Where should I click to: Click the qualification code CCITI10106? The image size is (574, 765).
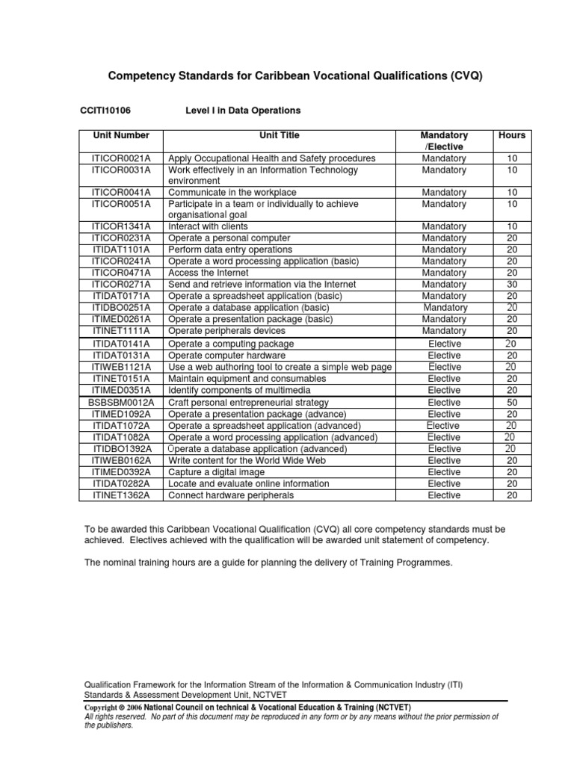(x=105, y=111)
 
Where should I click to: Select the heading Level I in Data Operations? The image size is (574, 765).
(x=242, y=111)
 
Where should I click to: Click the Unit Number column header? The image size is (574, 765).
(x=121, y=136)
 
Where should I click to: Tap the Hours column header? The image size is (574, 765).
(x=512, y=136)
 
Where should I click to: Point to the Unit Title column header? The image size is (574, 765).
(x=280, y=136)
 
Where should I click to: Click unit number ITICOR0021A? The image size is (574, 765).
(x=121, y=158)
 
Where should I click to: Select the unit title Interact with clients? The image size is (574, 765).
(x=208, y=226)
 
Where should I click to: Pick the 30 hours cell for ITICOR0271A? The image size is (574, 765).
(x=512, y=285)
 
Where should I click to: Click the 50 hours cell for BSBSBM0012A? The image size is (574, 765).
(x=512, y=403)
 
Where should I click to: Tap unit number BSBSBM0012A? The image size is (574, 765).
(x=121, y=403)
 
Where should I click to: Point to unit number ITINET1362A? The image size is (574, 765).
(x=121, y=495)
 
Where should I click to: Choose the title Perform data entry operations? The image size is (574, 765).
(x=230, y=250)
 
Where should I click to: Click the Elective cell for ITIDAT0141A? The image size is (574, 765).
(x=444, y=344)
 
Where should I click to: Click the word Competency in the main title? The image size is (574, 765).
(x=143, y=76)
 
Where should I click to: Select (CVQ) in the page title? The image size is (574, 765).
(x=471, y=76)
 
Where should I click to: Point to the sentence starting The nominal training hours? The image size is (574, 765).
(x=269, y=563)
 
